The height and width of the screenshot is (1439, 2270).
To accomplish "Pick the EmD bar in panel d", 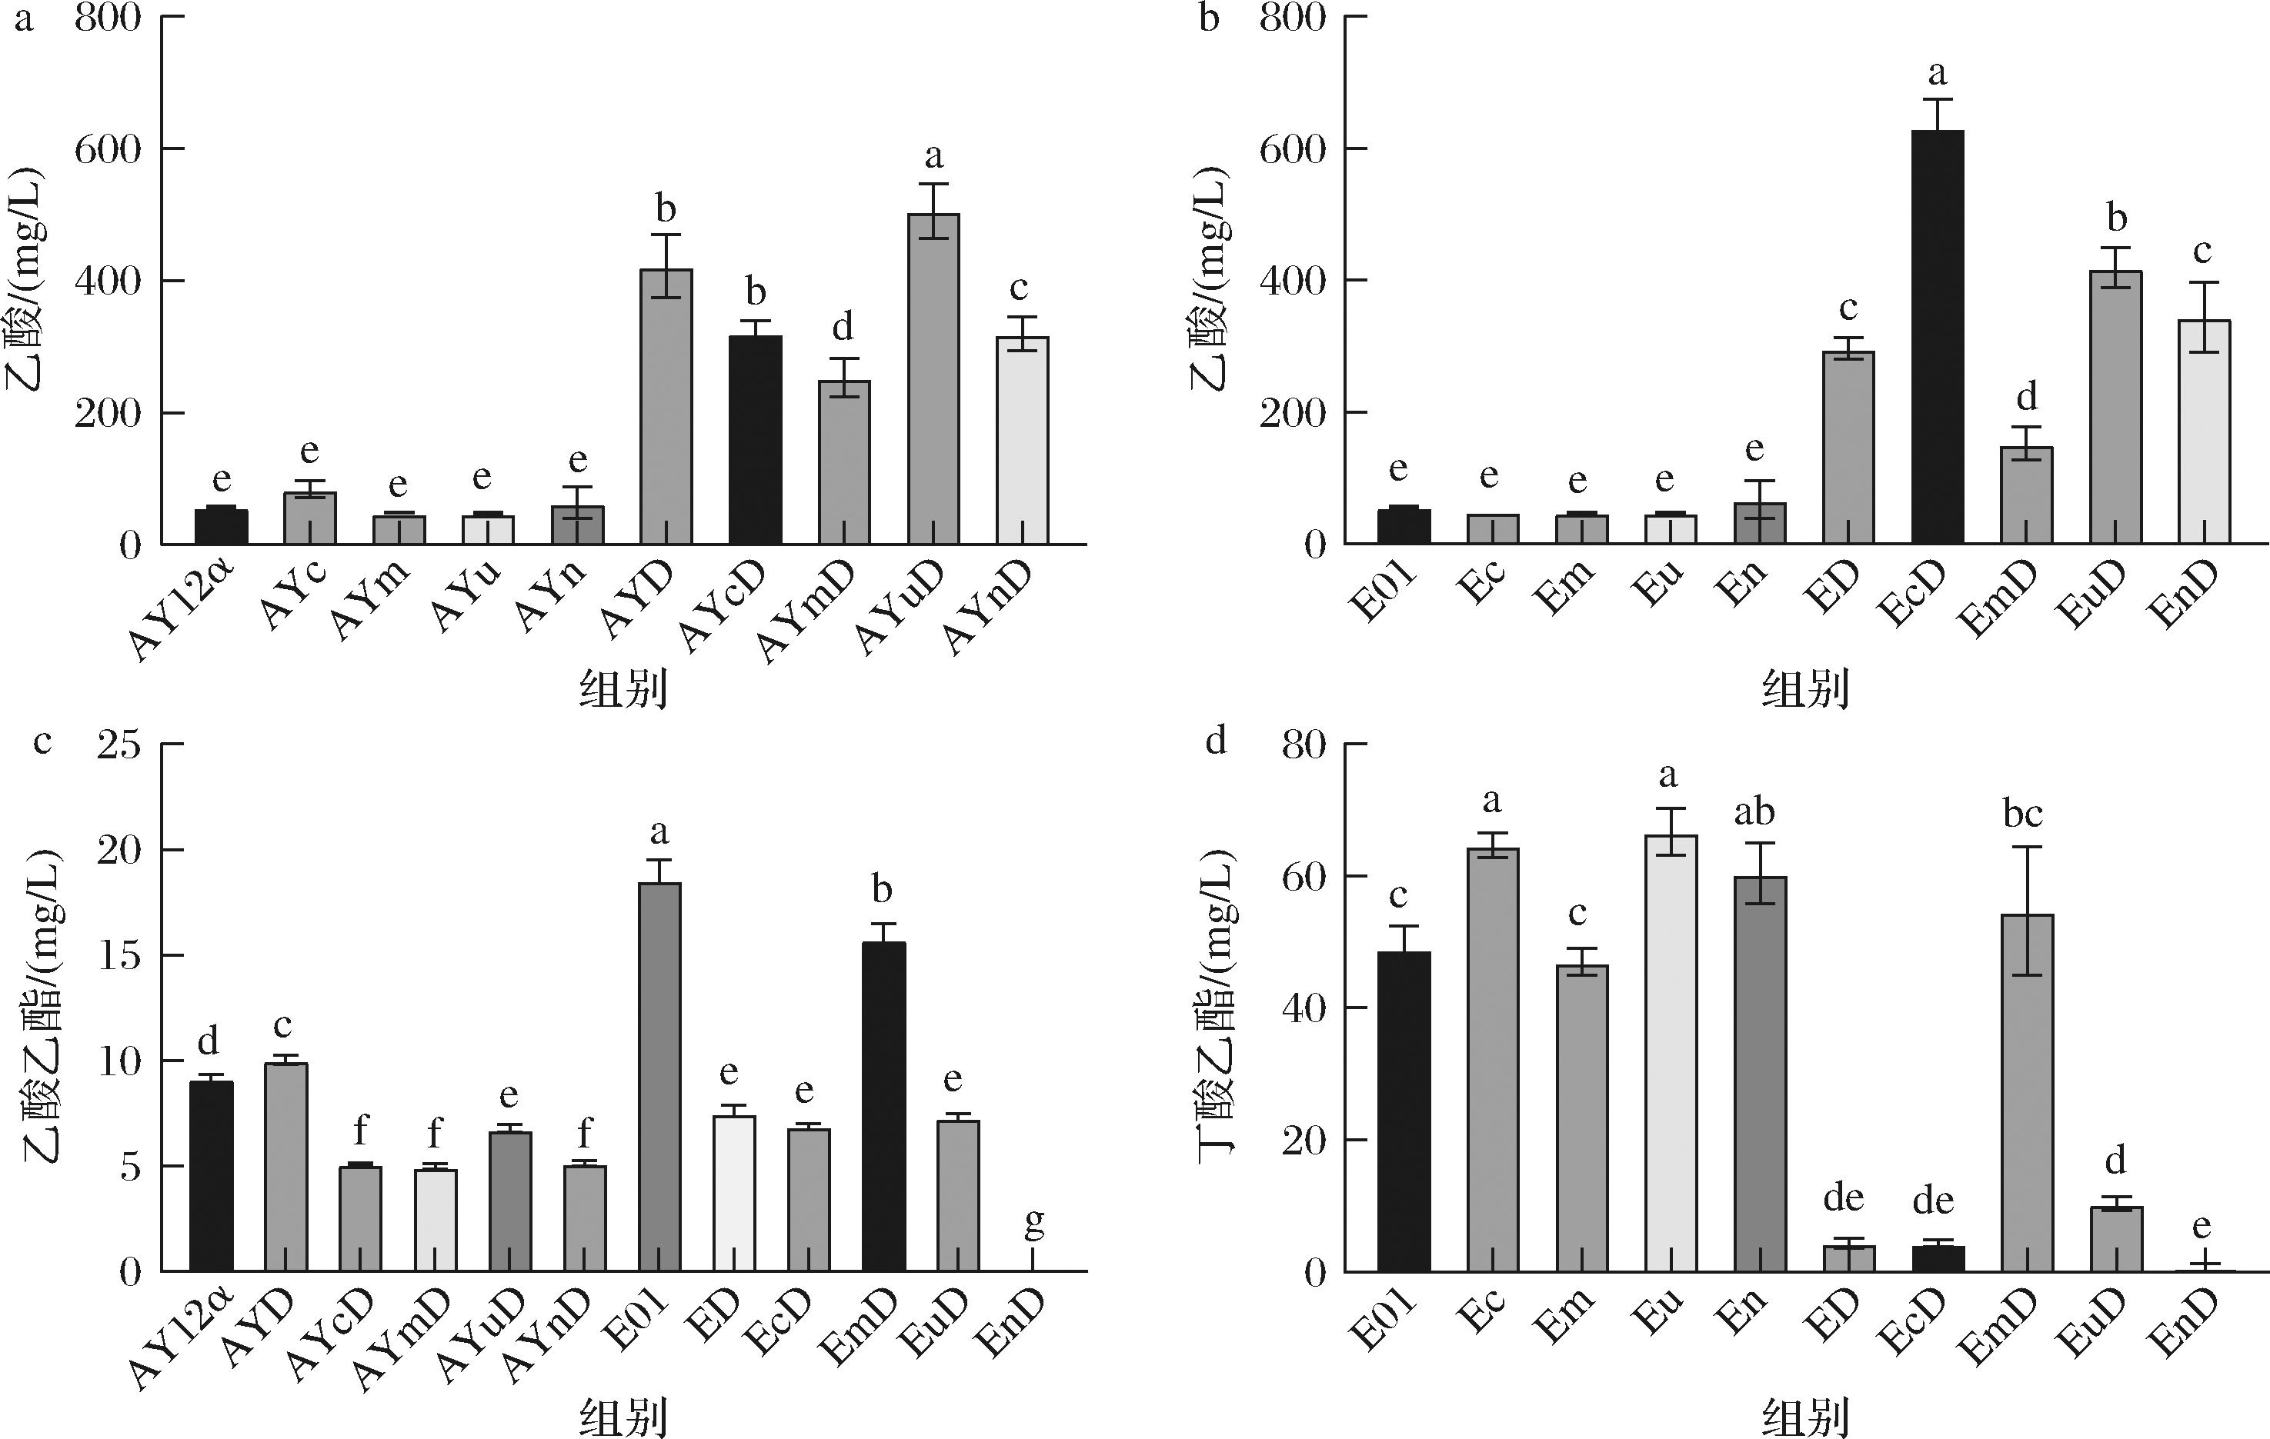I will click(x=2027, y=1092).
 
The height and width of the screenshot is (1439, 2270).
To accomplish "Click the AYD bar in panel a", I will click(x=666, y=406).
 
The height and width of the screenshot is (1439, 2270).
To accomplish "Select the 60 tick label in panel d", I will click(x=1303, y=877).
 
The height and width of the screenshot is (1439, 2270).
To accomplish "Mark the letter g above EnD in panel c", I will click(x=1033, y=1222).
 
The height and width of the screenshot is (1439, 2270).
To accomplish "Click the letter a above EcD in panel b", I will click(x=1938, y=74).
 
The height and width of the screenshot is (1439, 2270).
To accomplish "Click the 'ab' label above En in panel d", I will click(x=1754, y=812).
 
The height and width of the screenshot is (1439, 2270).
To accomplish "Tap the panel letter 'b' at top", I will click(x=1209, y=19).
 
